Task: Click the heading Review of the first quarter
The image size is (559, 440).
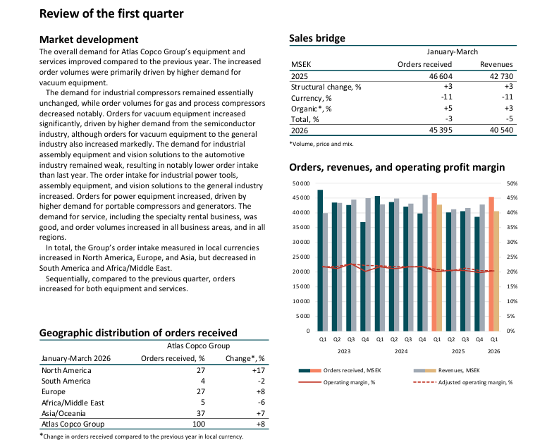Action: [111, 13]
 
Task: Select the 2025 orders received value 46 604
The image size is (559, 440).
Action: [441, 76]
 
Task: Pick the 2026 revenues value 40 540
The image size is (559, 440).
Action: [501, 130]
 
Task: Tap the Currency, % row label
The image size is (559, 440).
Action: [312, 98]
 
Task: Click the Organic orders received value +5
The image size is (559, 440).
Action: [448, 109]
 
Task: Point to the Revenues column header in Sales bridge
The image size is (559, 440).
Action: [496, 64]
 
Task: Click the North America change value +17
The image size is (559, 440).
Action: [259, 370]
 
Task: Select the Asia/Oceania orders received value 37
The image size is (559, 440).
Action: [201, 413]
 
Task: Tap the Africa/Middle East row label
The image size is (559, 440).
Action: [73, 403]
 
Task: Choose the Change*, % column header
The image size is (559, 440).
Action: [245, 358]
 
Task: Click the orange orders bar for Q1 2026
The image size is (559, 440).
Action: [491, 264]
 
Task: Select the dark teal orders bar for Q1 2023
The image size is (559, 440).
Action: [320, 260]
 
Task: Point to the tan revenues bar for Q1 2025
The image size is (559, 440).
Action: [439, 268]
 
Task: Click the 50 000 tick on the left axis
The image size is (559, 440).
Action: [301, 183]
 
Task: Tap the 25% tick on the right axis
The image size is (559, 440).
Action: [512, 257]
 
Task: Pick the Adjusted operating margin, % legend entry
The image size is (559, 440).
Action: [462, 382]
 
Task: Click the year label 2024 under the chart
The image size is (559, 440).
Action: [401, 351]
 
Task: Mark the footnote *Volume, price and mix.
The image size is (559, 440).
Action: [321, 144]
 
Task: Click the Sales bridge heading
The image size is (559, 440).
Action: [317, 38]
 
